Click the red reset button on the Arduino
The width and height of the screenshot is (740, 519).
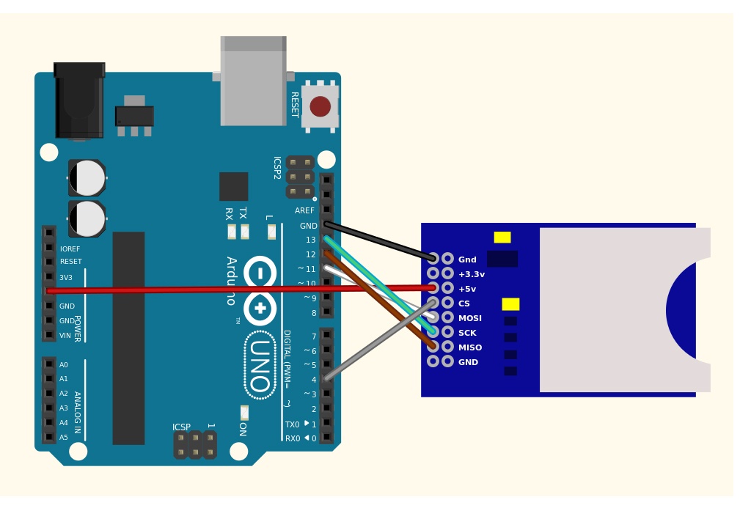[x=320, y=106]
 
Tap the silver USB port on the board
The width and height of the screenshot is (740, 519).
[x=254, y=81]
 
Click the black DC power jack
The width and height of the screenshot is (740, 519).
[x=79, y=100]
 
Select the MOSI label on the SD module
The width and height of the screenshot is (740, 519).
[x=469, y=318]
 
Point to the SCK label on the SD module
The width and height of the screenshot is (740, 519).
[x=467, y=333]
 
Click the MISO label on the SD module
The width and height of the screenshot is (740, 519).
[x=470, y=347]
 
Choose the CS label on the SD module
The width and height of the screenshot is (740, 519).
[x=464, y=303]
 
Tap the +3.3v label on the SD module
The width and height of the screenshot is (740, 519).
[x=472, y=274]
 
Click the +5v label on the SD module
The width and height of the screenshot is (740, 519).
[x=467, y=289]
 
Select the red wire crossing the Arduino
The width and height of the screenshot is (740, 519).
[x=241, y=290]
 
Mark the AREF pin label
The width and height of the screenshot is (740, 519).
[x=304, y=210]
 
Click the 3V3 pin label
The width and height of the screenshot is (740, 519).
[x=65, y=277]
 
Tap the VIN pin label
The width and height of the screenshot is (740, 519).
[x=65, y=336]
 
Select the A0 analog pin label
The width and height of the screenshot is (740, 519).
[x=64, y=365]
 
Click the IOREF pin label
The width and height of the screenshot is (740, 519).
[x=70, y=249]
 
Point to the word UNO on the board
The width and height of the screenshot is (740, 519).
[x=260, y=366]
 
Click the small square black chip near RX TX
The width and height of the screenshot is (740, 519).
[x=234, y=186]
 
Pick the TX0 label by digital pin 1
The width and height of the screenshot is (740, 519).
[x=292, y=424]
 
